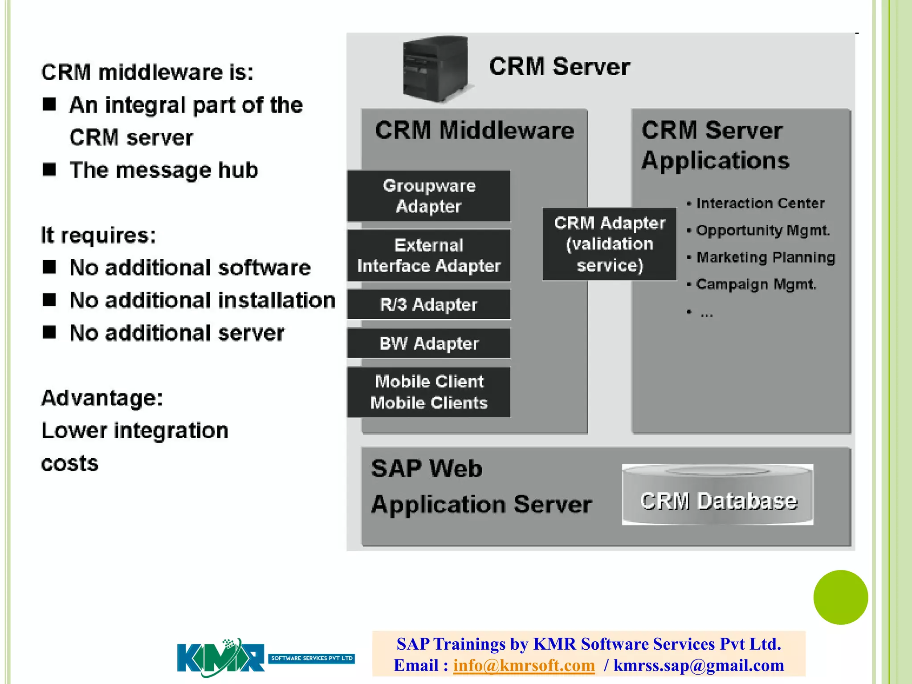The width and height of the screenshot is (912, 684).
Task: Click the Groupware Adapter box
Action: (x=429, y=196)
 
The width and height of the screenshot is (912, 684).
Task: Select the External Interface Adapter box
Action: (x=429, y=256)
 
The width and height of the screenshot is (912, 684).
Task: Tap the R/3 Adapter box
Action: (x=429, y=305)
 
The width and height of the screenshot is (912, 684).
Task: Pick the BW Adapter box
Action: (x=429, y=343)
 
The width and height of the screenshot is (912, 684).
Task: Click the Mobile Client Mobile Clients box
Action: (x=429, y=392)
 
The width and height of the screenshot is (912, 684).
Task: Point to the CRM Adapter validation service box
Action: (x=609, y=244)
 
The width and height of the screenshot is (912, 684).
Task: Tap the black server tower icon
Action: (x=436, y=69)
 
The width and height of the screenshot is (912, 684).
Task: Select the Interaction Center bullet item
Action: (x=760, y=204)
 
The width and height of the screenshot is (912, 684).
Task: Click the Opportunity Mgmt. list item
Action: (x=762, y=230)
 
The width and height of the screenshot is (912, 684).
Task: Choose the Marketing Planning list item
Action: (x=765, y=257)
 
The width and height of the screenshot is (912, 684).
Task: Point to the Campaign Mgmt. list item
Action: (x=756, y=284)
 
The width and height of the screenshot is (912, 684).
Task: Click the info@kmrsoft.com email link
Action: (x=524, y=665)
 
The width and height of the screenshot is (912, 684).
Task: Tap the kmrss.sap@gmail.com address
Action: (x=698, y=665)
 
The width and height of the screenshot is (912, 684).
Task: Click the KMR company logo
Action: (x=221, y=658)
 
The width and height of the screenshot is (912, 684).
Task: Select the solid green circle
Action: (x=840, y=597)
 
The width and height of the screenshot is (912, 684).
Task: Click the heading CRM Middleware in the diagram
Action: (x=474, y=130)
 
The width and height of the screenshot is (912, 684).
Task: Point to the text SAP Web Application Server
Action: (x=481, y=487)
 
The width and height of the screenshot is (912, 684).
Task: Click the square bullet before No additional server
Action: (x=49, y=332)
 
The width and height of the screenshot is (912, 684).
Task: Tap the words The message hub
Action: (x=164, y=170)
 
